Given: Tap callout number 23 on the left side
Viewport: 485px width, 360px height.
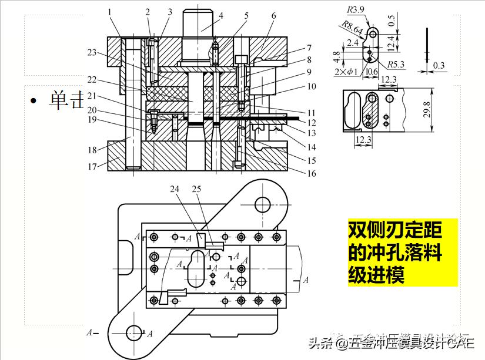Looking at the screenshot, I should tap(92, 52).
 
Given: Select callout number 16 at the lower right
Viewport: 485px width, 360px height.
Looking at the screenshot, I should tap(312, 173).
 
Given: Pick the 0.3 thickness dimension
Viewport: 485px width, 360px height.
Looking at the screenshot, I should tap(439, 66).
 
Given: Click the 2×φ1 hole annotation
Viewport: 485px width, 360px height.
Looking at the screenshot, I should tap(346, 72).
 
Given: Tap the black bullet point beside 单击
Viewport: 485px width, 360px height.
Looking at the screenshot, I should tap(35, 101).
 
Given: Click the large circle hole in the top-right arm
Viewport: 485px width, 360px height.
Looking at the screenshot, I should tap(262, 204).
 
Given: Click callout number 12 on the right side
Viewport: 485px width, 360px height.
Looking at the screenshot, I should tap(312, 123).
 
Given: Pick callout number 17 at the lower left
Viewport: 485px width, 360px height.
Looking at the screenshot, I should tap(92, 166).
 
